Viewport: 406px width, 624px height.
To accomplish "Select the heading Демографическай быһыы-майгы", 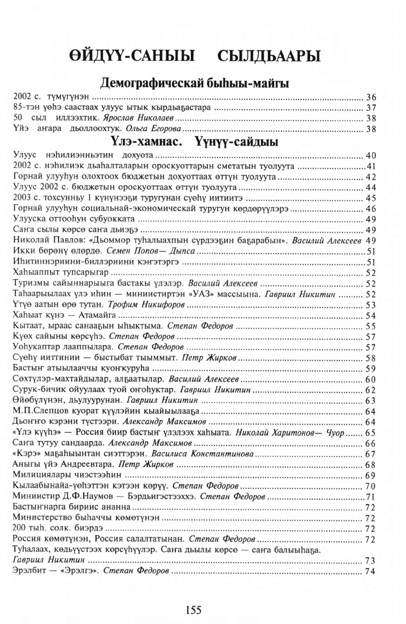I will click(193, 84).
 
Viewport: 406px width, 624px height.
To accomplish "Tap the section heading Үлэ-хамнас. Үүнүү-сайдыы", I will click(194, 141).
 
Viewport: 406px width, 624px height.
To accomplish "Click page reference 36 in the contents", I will click(371, 98).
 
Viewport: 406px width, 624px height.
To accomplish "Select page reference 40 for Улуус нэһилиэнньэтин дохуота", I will click(371, 155).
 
